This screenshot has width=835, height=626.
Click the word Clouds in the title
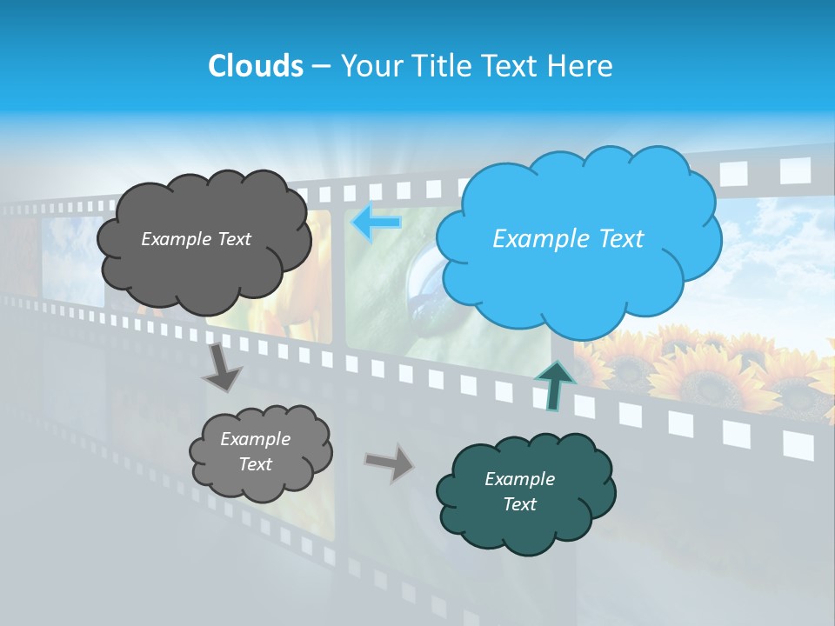click(255, 66)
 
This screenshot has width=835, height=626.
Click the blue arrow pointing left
click(376, 223)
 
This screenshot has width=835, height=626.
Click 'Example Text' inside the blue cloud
click(568, 239)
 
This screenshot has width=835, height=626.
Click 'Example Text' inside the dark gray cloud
click(196, 239)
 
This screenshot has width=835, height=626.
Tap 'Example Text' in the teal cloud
click(519, 491)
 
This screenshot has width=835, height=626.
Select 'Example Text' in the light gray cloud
click(255, 451)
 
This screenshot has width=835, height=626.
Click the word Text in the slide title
click(515, 66)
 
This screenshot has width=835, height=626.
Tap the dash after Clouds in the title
click(320, 66)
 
